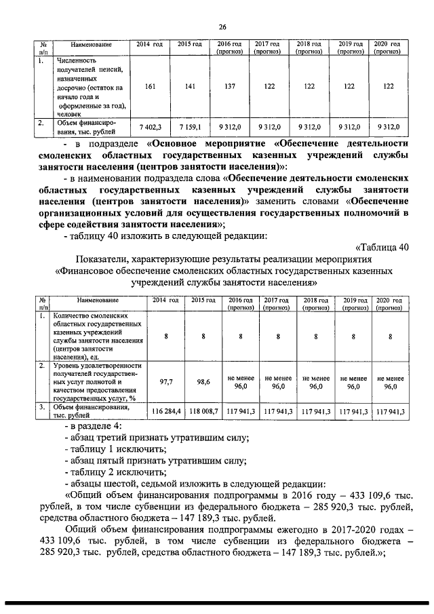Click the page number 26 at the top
(x=222, y=27)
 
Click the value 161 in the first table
(x=152, y=87)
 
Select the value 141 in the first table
(x=190, y=87)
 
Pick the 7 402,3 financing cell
(x=151, y=126)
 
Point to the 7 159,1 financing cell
(x=190, y=126)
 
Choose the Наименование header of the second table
(x=98, y=300)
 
